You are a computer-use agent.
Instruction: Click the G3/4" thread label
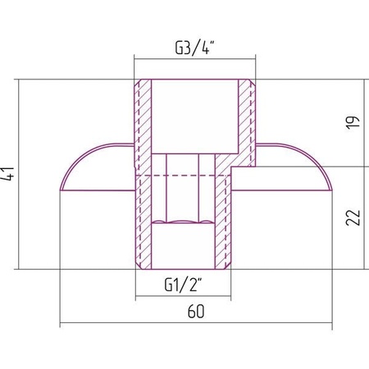click(x=194, y=48)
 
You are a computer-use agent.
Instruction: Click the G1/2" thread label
click(x=184, y=285)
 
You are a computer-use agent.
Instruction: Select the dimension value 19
click(x=353, y=122)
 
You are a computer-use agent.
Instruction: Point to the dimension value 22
click(x=353, y=217)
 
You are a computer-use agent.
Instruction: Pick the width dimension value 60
click(x=196, y=312)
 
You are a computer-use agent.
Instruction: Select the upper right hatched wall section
click(x=247, y=123)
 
